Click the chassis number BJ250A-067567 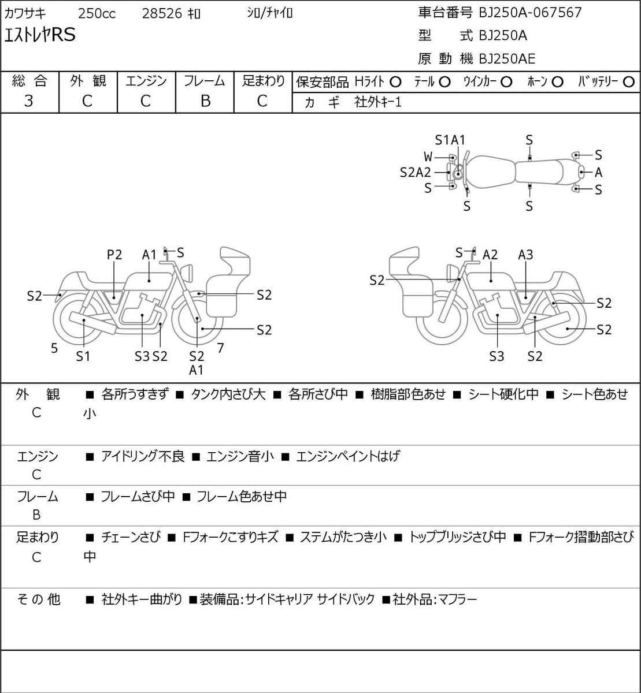[x=530, y=13]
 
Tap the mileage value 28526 [x=162, y=14]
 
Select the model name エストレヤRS [x=40, y=35]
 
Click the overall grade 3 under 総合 [x=29, y=101]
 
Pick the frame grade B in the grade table [x=205, y=101]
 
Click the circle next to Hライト [x=395, y=83]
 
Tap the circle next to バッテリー [x=628, y=82]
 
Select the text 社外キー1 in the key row [x=378, y=102]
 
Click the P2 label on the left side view [x=114, y=255]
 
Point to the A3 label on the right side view [x=525, y=255]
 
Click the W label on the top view [x=428, y=157]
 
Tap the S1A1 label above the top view [x=450, y=140]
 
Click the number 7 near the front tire [x=220, y=348]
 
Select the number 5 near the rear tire [x=54, y=348]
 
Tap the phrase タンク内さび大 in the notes [x=228, y=394]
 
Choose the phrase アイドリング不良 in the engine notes [x=143, y=456]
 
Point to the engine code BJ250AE [x=507, y=59]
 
